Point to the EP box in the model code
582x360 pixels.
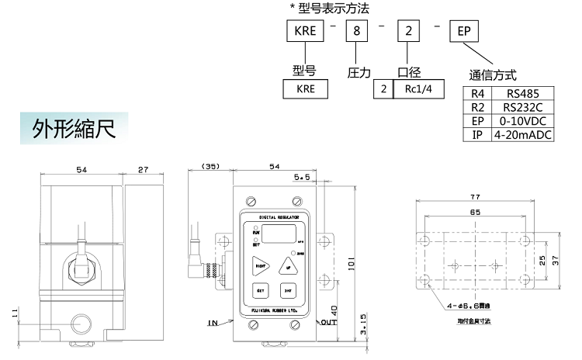click(463, 33)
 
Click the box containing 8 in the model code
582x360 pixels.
click(357, 33)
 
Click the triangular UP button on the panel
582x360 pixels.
click(289, 265)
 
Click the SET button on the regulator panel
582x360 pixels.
click(261, 292)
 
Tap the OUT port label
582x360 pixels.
click(328, 321)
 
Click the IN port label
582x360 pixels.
click(212, 321)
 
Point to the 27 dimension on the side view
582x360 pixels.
click(144, 169)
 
